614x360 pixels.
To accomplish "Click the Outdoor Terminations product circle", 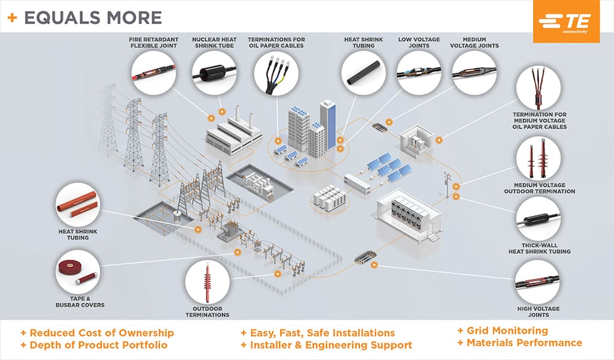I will click(x=207, y=282).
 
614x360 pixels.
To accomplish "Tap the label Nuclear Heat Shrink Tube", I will click(x=214, y=42).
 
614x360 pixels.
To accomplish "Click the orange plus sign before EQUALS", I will click(x=12, y=18).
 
